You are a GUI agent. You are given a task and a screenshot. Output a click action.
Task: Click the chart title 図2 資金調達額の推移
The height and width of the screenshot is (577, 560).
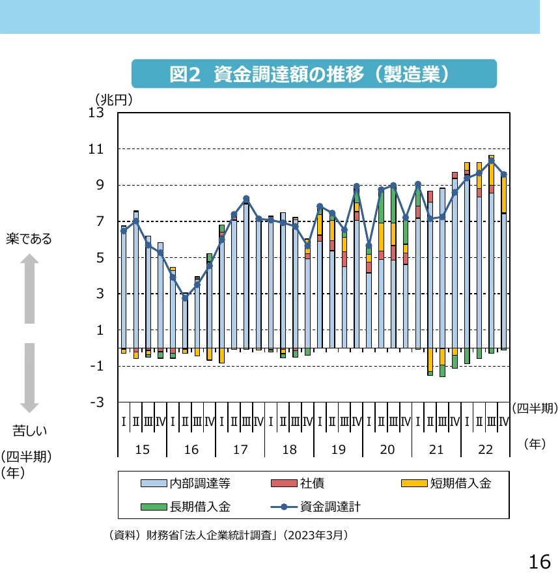tap(313, 74)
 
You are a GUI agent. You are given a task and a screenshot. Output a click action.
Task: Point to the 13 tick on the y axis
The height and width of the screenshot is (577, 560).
tap(96, 113)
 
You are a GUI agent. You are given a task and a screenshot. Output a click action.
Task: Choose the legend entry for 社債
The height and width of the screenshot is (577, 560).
tap(312, 483)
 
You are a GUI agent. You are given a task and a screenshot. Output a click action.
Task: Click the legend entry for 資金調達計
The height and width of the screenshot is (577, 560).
tap(330, 506)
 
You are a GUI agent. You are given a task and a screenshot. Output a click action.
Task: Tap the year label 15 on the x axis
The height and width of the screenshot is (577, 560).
tap(142, 450)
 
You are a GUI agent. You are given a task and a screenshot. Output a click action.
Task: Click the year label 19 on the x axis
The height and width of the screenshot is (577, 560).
tap(338, 450)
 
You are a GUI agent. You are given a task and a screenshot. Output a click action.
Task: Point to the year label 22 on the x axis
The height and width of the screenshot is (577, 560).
tap(485, 450)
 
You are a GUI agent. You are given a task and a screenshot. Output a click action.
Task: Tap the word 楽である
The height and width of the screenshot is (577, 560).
tap(29, 239)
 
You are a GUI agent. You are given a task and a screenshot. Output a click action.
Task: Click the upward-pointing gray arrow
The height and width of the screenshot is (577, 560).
tap(29, 289)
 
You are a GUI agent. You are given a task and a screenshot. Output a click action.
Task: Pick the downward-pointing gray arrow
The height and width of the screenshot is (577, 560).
tap(29, 378)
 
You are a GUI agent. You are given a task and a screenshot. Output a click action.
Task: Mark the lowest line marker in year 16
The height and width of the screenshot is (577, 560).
tap(185, 297)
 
